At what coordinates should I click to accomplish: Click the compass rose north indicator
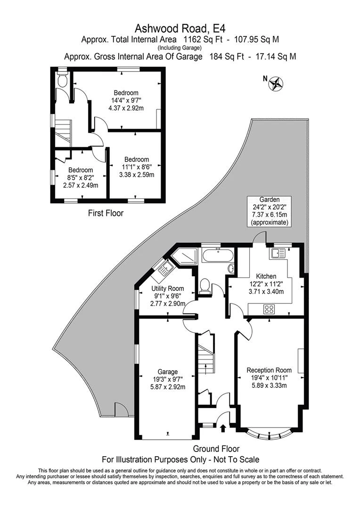point(276,83)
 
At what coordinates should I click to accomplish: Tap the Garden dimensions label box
point(270,211)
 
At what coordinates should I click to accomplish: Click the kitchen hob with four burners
point(269,310)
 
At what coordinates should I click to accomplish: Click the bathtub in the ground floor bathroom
point(217,256)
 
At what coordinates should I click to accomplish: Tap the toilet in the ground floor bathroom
point(205,286)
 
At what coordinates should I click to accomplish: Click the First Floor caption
point(106,213)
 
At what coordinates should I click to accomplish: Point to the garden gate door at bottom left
point(121,409)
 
